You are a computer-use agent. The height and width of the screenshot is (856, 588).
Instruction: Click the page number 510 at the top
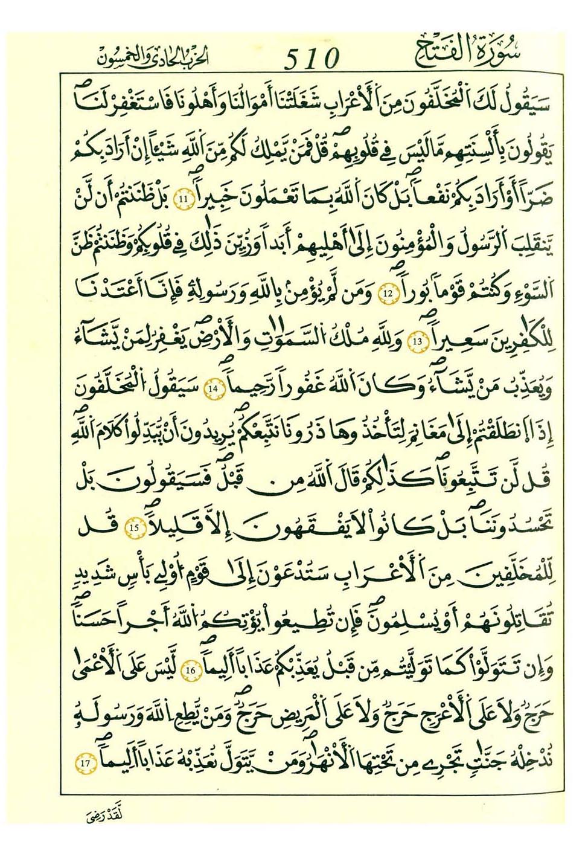coord(312,58)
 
